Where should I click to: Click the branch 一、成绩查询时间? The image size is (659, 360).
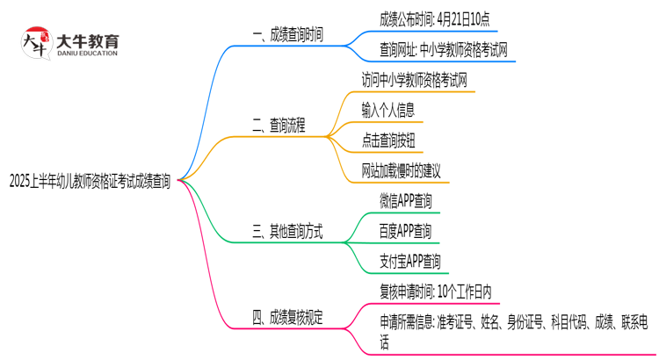pos(287,35)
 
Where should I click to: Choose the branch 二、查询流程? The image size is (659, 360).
pos(279,126)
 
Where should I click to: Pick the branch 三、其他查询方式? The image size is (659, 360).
pos(287,233)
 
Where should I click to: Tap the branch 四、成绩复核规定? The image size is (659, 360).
pos(287,319)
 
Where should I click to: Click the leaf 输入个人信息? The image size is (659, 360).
pos(387,110)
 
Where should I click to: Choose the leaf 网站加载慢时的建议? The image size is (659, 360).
pos(401,170)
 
